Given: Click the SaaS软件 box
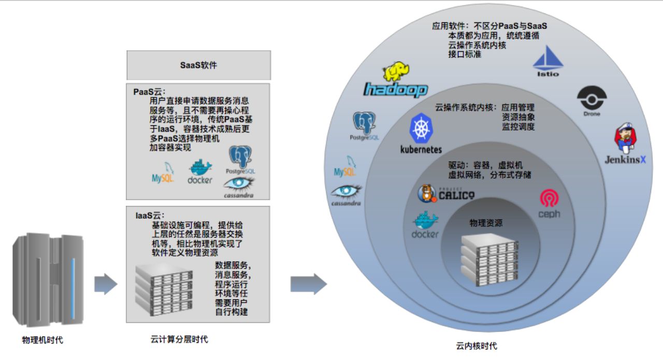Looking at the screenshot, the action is [x=198, y=65].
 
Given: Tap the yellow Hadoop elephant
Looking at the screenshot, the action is [x=396, y=71].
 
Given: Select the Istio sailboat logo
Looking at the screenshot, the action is [x=548, y=58].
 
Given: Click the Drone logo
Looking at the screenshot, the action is [x=592, y=98].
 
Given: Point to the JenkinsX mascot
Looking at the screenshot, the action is [x=625, y=137].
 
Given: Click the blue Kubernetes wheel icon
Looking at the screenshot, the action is [x=421, y=128].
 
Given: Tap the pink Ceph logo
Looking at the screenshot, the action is [x=550, y=198].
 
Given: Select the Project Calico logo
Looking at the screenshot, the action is [x=446, y=194].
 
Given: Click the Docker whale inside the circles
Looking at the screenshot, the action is [x=426, y=220].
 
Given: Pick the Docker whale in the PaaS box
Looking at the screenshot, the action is [x=200, y=167].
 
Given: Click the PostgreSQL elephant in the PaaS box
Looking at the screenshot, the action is [x=240, y=157].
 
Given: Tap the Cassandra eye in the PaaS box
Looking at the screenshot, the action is [x=239, y=184].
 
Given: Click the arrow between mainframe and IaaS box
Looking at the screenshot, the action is [x=106, y=284].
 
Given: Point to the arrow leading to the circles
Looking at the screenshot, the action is [x=308, y=284].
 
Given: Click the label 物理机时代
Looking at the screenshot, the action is [x=42, y=340].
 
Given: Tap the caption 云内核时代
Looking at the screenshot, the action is [x=477, y=346].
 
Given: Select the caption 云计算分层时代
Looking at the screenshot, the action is [x=179, y=339].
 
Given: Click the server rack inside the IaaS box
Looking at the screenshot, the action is [x=164, y=290].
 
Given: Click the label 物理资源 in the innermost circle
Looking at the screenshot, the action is [x=486, y=223].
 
